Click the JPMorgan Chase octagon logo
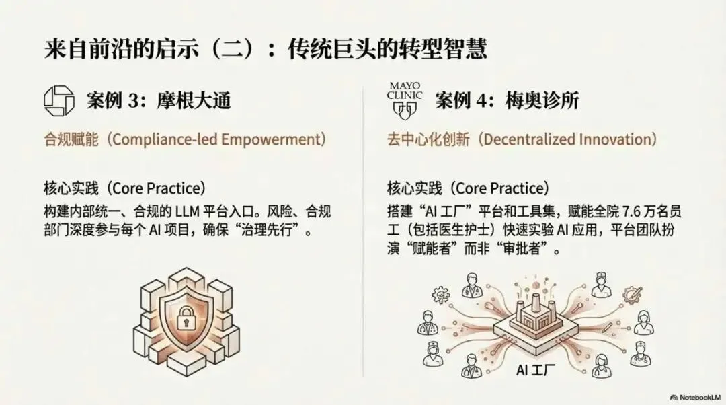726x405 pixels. click(58, 100)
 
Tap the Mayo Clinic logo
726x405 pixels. click(405, 100)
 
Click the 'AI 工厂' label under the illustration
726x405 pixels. click(535, 370)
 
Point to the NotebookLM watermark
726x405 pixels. click(696, 397)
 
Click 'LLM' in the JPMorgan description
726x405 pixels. click(187, 212)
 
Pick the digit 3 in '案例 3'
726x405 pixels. click(133, 100)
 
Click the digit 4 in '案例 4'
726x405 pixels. click(482, 100)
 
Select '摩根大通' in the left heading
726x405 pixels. click(194, 100)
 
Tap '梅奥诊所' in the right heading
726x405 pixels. click(542, 100)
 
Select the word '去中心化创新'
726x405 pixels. click(428, 139)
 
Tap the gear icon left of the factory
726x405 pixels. click(440, 294)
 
